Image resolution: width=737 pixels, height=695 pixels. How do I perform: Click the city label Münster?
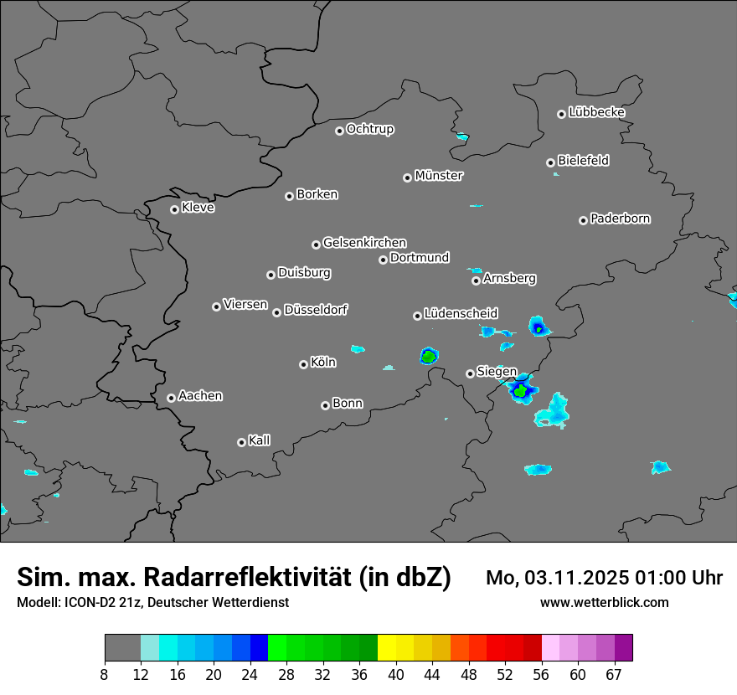coord(439,176)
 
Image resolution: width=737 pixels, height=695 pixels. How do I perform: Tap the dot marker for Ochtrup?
coord(339,131)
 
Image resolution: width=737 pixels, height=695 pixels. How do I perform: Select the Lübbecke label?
coord(596,112)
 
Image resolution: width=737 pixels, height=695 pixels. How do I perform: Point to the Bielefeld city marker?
coord(550,162)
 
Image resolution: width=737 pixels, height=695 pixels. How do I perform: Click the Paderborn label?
coord(620,219)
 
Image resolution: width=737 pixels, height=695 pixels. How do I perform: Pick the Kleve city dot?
coord(174,209)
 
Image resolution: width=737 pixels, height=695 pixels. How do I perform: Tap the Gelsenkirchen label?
coord(364,243)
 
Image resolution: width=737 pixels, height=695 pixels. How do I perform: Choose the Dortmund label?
coord(420,258)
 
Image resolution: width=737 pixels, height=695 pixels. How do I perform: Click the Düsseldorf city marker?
coord(276,312)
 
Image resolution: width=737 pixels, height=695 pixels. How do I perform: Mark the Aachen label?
coord(200,395)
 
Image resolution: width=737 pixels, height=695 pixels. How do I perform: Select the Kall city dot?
coord(241,442)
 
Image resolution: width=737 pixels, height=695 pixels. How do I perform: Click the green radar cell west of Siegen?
coord(429,358)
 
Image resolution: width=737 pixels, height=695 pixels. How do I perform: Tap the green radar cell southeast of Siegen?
coord(520,391)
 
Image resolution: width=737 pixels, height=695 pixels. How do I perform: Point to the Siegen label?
coord(497,372)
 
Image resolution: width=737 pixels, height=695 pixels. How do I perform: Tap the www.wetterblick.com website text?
coord(605,602)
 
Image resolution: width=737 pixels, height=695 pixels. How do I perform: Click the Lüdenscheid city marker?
coord(417,316)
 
